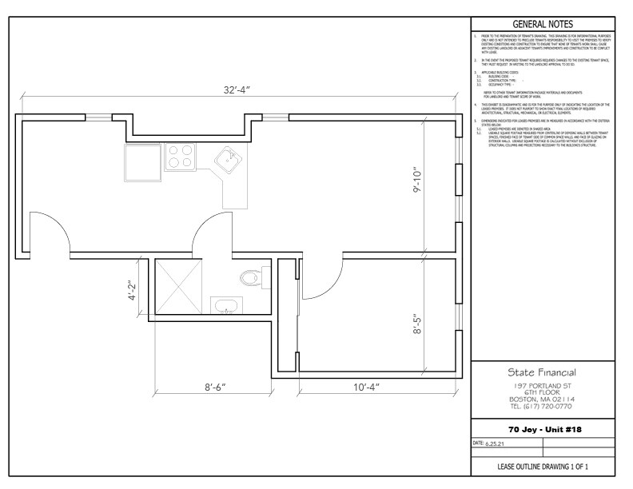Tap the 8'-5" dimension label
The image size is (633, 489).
click(417, 326)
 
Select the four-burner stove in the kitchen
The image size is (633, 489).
click(181, 156)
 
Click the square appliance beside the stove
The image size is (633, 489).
click(141, 162)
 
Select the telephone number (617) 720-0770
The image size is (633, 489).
click(543, 405)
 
